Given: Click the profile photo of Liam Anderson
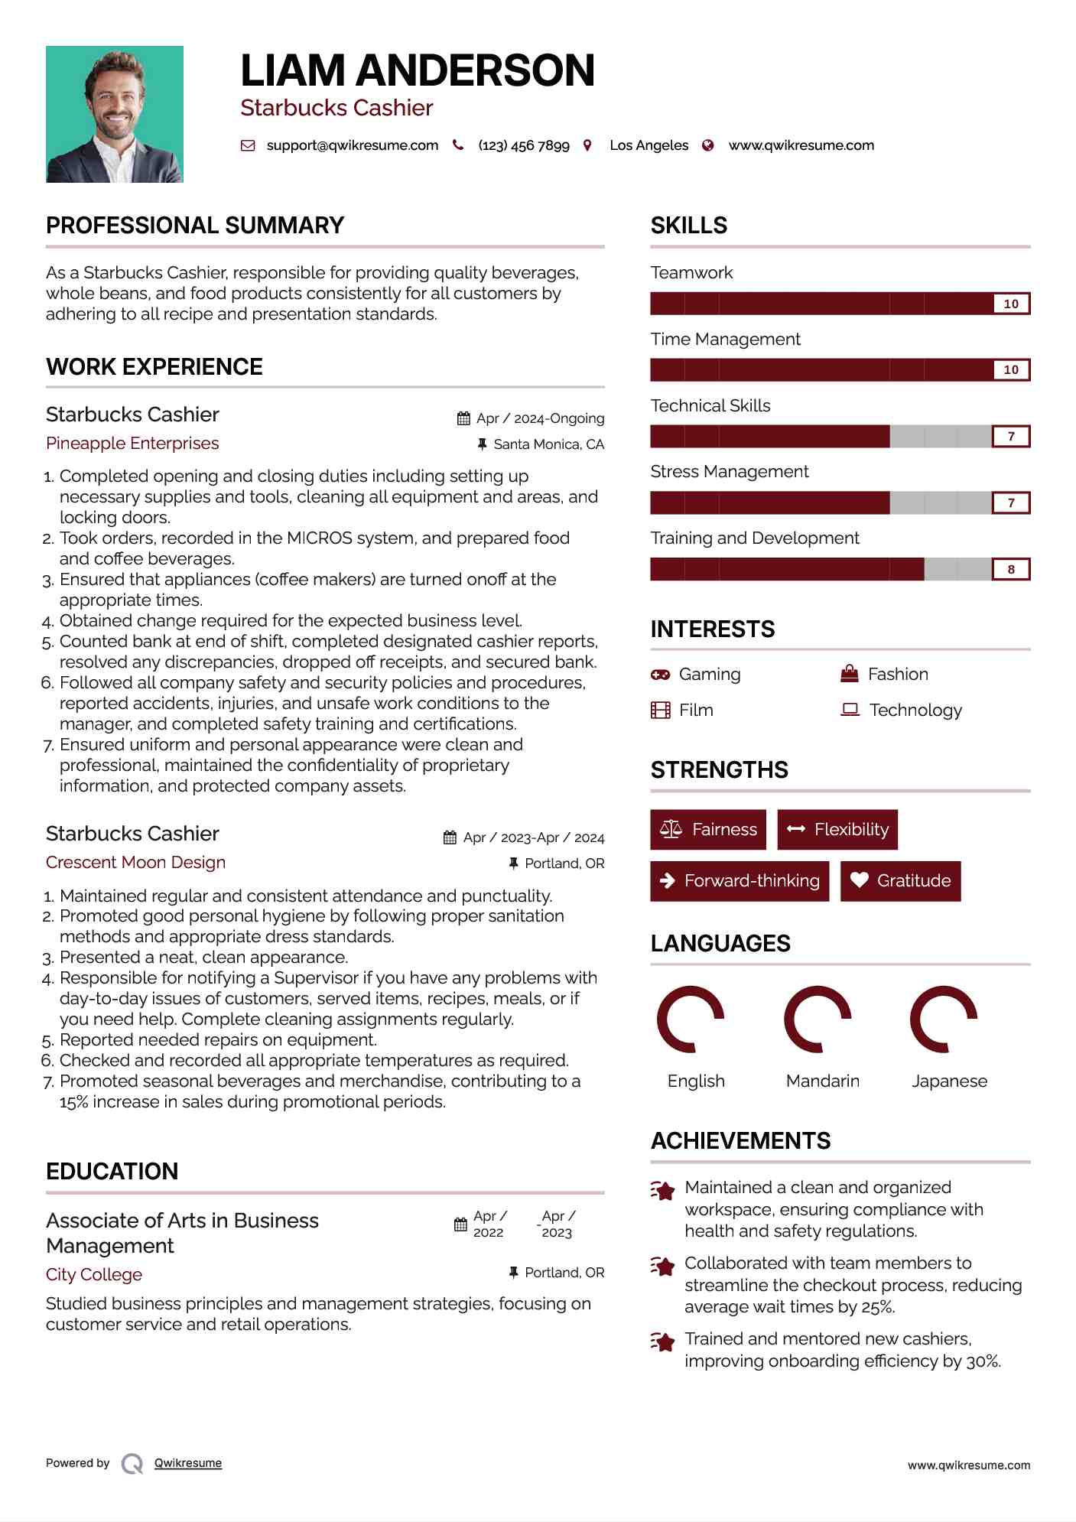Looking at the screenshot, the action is coord(115,114).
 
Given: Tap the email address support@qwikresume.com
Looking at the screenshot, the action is coord(352,145).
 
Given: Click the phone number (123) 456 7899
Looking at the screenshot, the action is coord(524,145).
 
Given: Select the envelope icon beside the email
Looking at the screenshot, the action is coord(248,145).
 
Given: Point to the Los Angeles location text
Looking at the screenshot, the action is coord(649,145).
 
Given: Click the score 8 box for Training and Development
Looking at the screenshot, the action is coord(1010,569).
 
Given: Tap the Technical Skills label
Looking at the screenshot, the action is coord(710,405).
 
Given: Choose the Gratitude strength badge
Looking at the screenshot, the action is coord(900,881).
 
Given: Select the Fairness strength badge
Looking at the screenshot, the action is coord(708,830).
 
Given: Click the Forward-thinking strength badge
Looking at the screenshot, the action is coord(740,881).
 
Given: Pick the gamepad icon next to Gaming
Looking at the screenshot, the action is coord(660,675).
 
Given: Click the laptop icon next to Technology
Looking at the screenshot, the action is coord(850,710).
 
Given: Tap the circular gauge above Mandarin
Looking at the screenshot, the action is coord(818,1019).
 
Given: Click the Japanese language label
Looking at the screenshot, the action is coord(949,1081).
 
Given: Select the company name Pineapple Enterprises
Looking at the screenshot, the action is coord(132,444).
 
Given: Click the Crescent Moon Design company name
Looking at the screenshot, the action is coord(135,863).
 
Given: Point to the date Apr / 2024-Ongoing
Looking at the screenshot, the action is coord(540,418).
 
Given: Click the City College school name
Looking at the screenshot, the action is coord(94,1274).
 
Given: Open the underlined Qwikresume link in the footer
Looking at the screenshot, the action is coord(188,1463).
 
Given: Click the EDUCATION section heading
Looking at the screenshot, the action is coord(112,1171).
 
